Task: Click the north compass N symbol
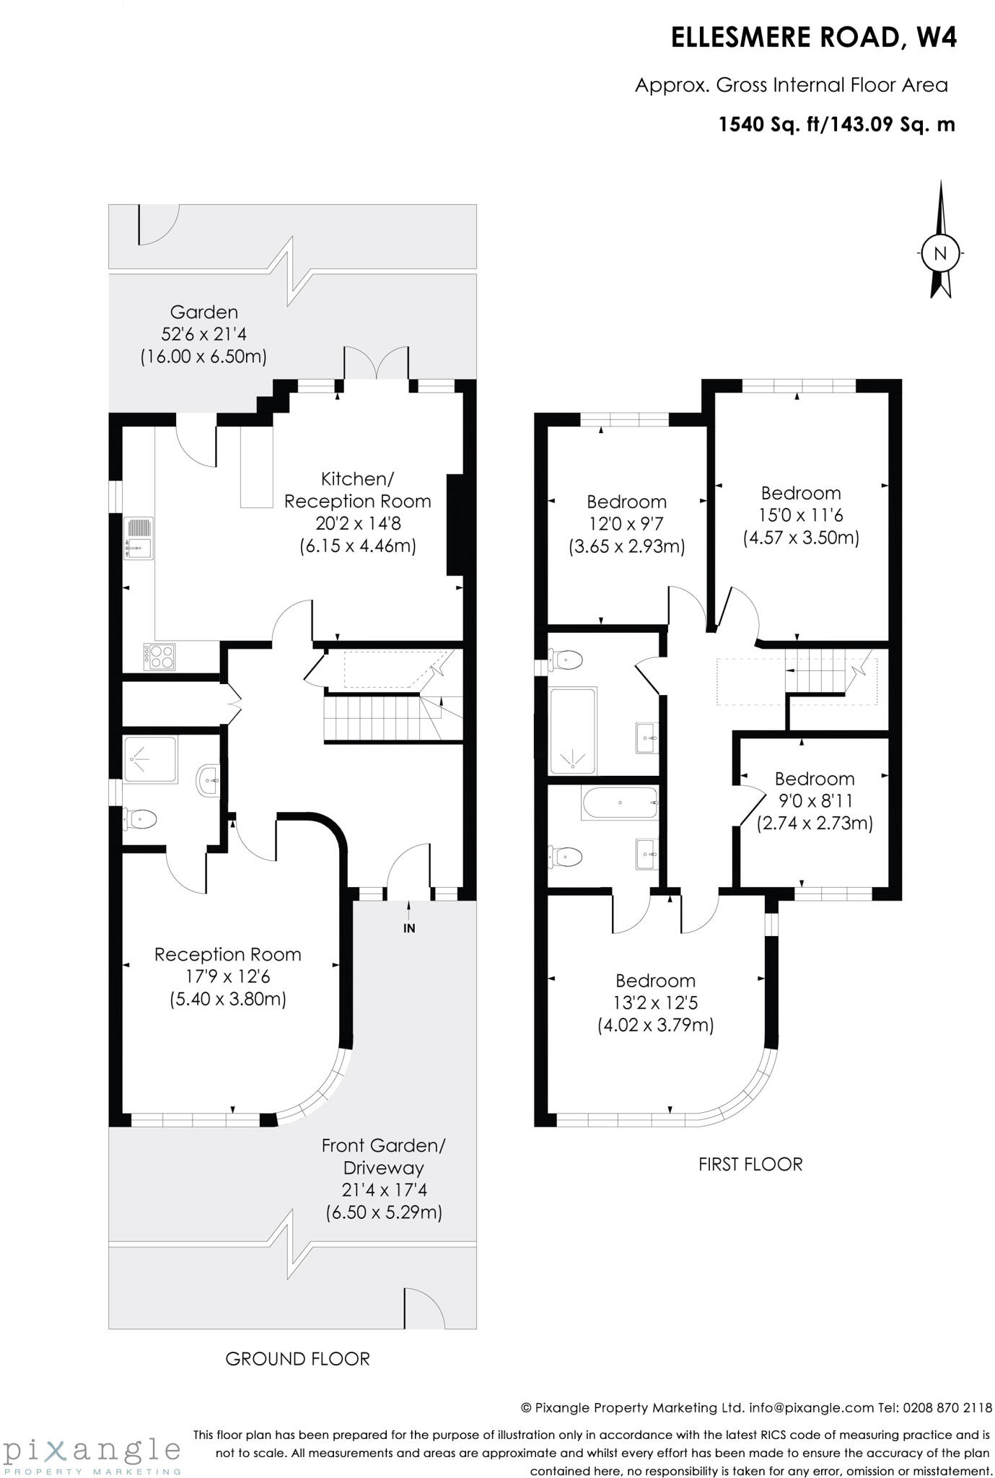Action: (x=939, y=253)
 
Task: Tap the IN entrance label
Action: (x=409, y=928)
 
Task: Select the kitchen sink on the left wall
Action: (x=139, y=538)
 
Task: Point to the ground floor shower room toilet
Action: (x=140, y=818)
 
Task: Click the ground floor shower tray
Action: (x=150, y=759)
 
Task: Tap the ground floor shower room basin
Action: (x=209, y=780)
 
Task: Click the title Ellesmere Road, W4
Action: (x=814, y=38)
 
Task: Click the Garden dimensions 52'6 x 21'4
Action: (x=203, y=334)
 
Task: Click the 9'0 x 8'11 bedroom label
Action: (x=815, y=801)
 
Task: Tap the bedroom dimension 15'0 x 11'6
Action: (x=801, y=515)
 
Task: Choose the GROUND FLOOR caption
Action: (x=297, y=1359)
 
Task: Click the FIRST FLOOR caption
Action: (x=750, y=1164)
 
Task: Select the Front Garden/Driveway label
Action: (x=384, y=1156)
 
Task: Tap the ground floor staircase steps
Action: (x=371, y=717)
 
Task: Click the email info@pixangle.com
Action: (x=812, y=1407)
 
